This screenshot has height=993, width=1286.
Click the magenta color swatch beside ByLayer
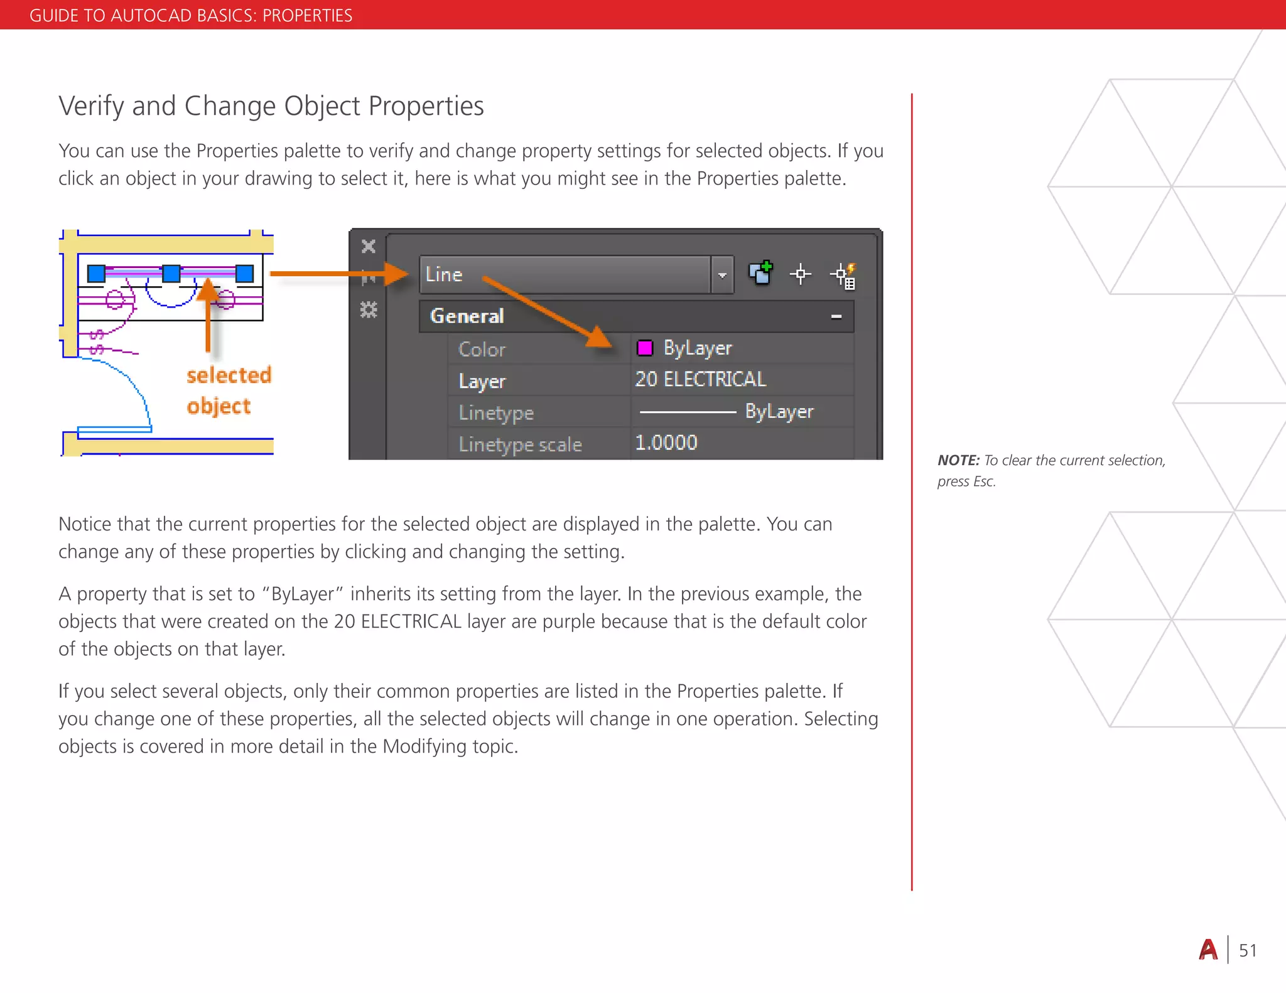pos(645,348)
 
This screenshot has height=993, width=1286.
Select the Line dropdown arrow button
pos(722,275)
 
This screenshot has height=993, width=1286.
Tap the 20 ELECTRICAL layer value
pos(700,379)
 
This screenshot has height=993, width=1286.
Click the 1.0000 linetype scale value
pos(666,443)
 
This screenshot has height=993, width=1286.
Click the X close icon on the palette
pos(369,246)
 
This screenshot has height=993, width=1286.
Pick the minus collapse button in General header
pos(836,316)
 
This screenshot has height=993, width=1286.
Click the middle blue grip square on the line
pos(171,274)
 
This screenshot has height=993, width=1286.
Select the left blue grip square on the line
pos(96,274)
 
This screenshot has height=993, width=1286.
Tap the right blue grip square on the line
pos(244,274)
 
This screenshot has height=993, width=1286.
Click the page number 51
pos(1248,950)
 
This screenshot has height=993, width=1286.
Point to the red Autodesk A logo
pos(1208,950)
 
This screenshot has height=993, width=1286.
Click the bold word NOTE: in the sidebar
pos(958,460)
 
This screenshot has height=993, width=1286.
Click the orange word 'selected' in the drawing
pos(229,375)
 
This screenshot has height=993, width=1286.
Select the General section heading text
pos(467,316)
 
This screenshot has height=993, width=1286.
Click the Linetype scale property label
pos(520,444)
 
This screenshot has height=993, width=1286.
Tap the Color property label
pos(482,349)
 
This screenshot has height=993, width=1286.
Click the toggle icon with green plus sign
pos(760,273)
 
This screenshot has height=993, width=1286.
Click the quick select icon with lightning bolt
pos(843,276)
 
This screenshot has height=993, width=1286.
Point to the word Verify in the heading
pos(92,106)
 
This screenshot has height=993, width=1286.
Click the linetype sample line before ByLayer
pos(688,412)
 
